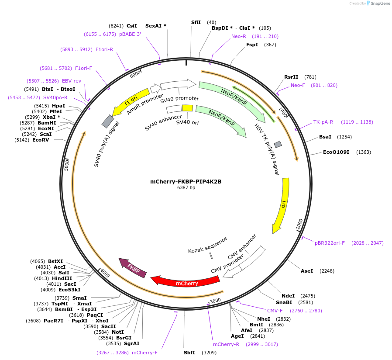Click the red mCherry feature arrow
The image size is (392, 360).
[x=187, y=283]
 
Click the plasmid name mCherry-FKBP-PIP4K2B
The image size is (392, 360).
[x=186, y=182]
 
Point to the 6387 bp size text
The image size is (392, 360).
[x=186, y=188]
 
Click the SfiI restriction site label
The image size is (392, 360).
[x=196, y=22]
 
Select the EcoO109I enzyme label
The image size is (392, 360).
[x=336, y=152]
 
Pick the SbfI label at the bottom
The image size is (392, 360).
[x=189, y=352]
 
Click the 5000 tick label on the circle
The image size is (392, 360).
[x=67, y=165]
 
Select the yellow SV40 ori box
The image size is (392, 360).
[x=187, y=108]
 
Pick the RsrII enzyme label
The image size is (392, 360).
[x=291, y=77]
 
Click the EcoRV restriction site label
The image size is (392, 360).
[x=41, y=140]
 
